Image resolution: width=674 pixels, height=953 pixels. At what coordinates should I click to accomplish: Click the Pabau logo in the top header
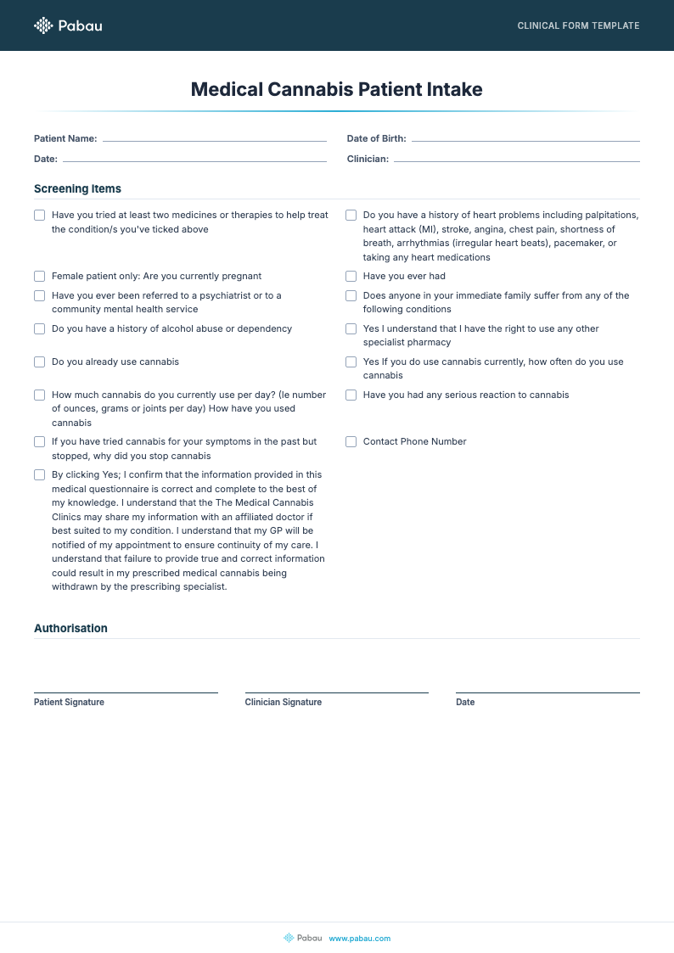(x=68, y=25)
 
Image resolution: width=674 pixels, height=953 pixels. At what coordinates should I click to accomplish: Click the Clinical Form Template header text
(x=578, y=25)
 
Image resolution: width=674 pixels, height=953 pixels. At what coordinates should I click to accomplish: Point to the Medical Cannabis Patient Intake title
(x=336, y=89)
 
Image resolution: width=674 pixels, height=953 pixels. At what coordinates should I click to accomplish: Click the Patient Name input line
(x=214, y=139)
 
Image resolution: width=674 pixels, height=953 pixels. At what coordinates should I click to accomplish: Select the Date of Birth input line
(x=525, y=139)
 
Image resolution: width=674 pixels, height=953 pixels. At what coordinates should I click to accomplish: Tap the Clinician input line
(x=516, y=160)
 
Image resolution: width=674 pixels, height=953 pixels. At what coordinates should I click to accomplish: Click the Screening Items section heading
(x=77, y=188)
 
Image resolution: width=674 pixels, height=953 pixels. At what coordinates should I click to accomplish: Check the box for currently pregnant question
(x=39, y=276)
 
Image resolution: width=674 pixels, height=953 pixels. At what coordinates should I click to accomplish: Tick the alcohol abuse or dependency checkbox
(x=39, y=328)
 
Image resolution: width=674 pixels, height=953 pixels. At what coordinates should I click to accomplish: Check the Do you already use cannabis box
(x=39, y=362)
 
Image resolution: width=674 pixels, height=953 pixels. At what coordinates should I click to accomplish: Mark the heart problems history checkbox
(x=351, y=215)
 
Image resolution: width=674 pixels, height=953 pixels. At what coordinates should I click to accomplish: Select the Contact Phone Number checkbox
(x=351, y=441)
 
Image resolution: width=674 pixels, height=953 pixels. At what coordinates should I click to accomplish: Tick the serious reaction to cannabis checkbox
(x=351, y=395)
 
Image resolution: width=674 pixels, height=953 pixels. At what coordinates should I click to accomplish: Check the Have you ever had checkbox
(x=351, y=276)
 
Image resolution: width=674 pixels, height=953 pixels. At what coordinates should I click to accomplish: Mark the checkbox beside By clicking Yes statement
(x=39, y=474)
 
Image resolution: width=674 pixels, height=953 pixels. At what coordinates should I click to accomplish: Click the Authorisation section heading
(x=70, y=628)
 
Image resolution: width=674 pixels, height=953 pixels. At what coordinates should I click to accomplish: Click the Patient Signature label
(x=69, y=702)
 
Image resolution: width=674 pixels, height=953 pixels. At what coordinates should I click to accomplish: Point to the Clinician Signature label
(x=283, y=702)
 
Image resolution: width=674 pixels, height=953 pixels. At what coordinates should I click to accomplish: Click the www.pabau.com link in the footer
(x=359, y=938)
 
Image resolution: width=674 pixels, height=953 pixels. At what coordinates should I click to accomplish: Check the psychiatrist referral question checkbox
(x=39, y=295)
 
